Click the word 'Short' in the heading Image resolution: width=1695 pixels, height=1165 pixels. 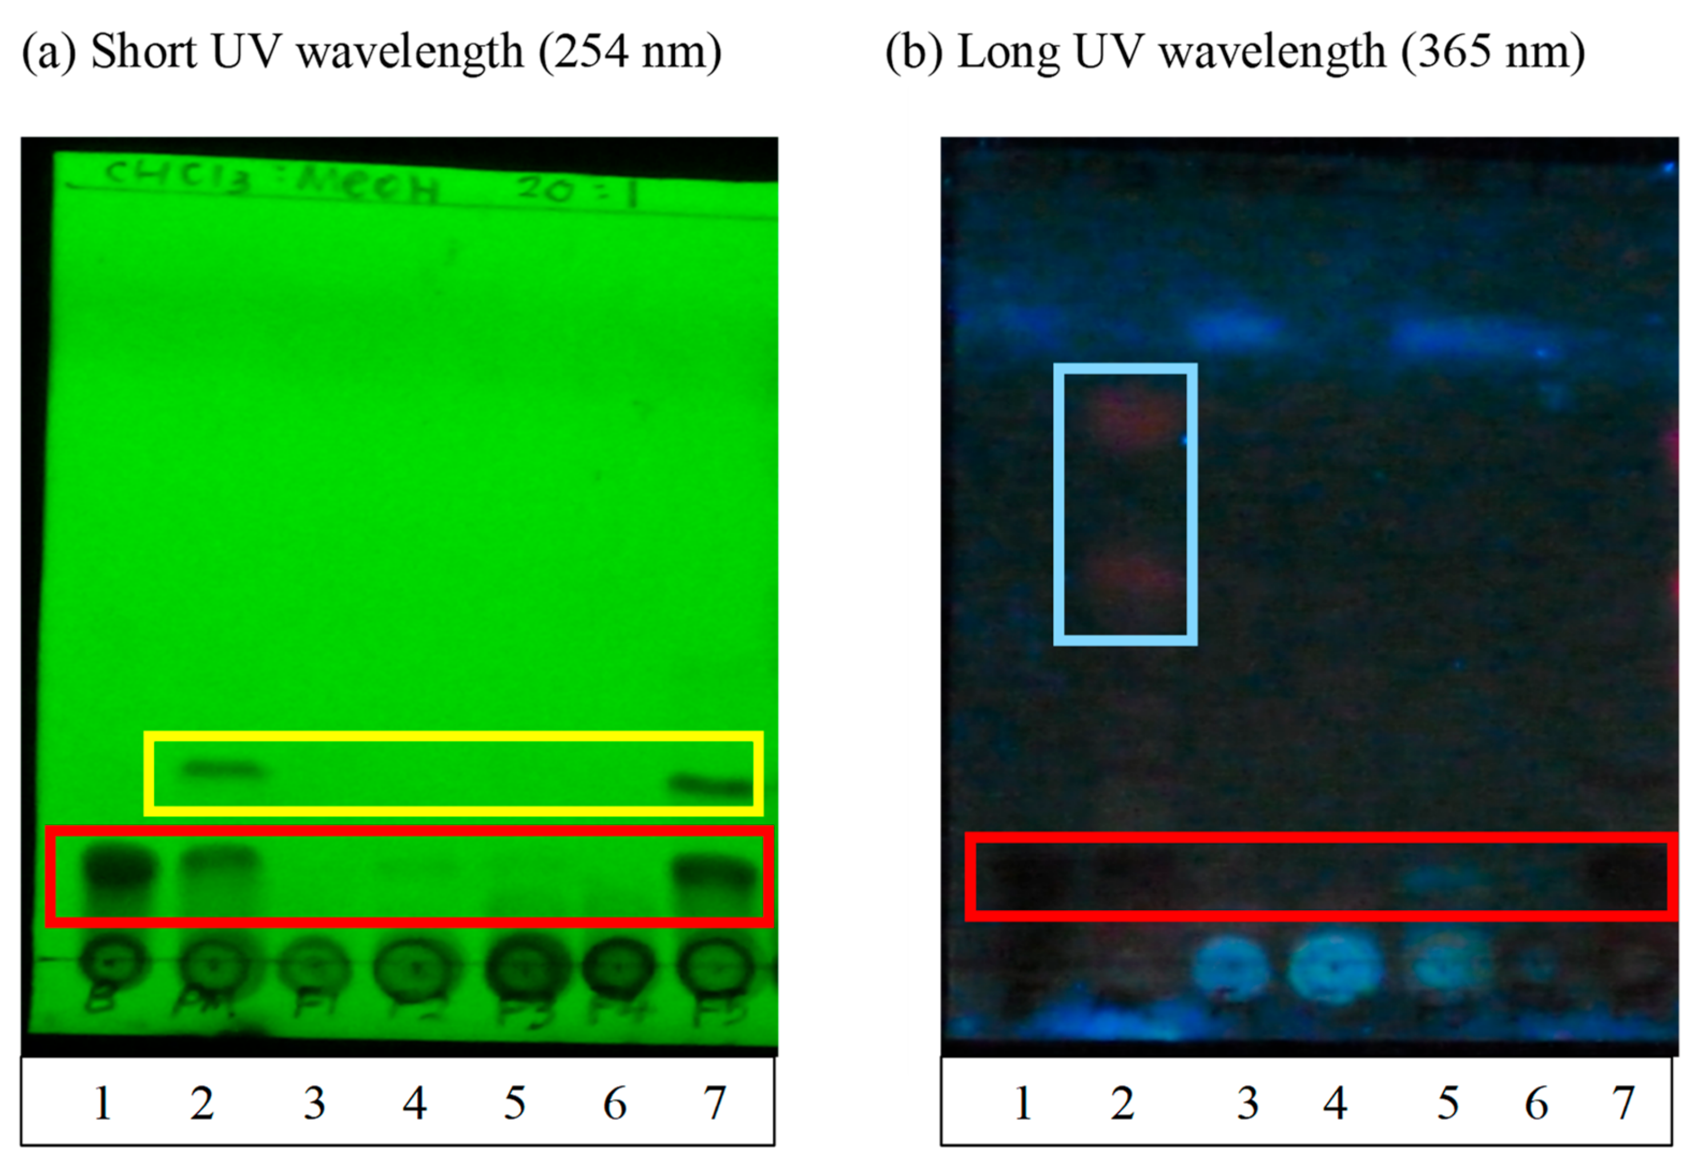coord(144,53)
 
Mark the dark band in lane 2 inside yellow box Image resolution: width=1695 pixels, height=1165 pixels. coord(223,769)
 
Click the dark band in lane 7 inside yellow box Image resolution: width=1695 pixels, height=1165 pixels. coord(712,786)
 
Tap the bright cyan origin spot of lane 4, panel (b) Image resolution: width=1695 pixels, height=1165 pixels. coord(1334,967)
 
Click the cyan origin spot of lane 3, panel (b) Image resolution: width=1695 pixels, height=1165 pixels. coord(1230,969)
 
